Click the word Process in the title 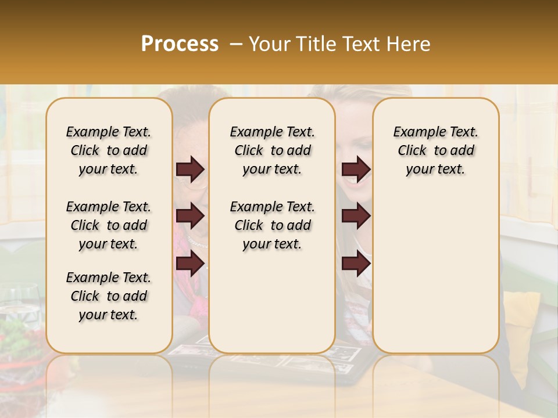(180, 44)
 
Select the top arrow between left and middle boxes (190, 169)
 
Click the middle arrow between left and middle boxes (190, 216)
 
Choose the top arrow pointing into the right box (356, 169)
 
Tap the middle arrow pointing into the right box (356, 216)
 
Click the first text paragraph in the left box (109, 150)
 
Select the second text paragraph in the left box (109, 225)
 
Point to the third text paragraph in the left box (109, 296)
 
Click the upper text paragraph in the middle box (273, 150)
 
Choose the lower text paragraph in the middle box (273, 225)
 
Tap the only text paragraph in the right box (436, 150)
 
